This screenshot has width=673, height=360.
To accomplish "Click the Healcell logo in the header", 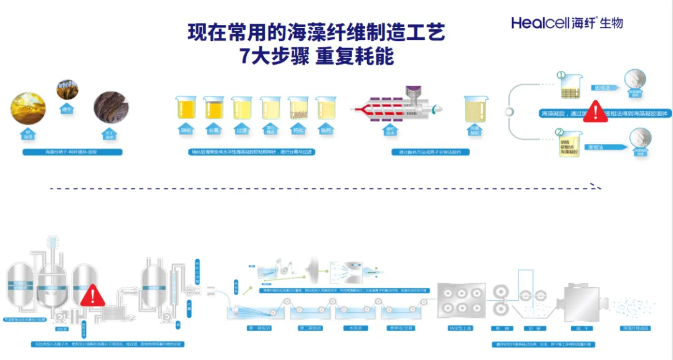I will (x=566, y=22).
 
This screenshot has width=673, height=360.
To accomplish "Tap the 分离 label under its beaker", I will (x=214, y=130).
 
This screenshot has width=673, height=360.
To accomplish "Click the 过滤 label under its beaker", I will (x=242, y=130).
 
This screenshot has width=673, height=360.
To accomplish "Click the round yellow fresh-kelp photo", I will (x=28, y=107).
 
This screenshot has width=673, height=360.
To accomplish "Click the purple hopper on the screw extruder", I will (x=411, y=92).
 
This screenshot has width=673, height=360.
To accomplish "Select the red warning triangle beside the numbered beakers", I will (x=596, y=112).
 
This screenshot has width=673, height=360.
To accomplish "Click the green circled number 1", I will (x=560, y=75).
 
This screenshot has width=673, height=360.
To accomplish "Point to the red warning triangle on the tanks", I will (x=93, y=295).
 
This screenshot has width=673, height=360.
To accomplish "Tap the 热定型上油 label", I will (x=462, y=328).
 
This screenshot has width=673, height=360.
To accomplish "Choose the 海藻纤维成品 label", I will (x=636, y=328).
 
